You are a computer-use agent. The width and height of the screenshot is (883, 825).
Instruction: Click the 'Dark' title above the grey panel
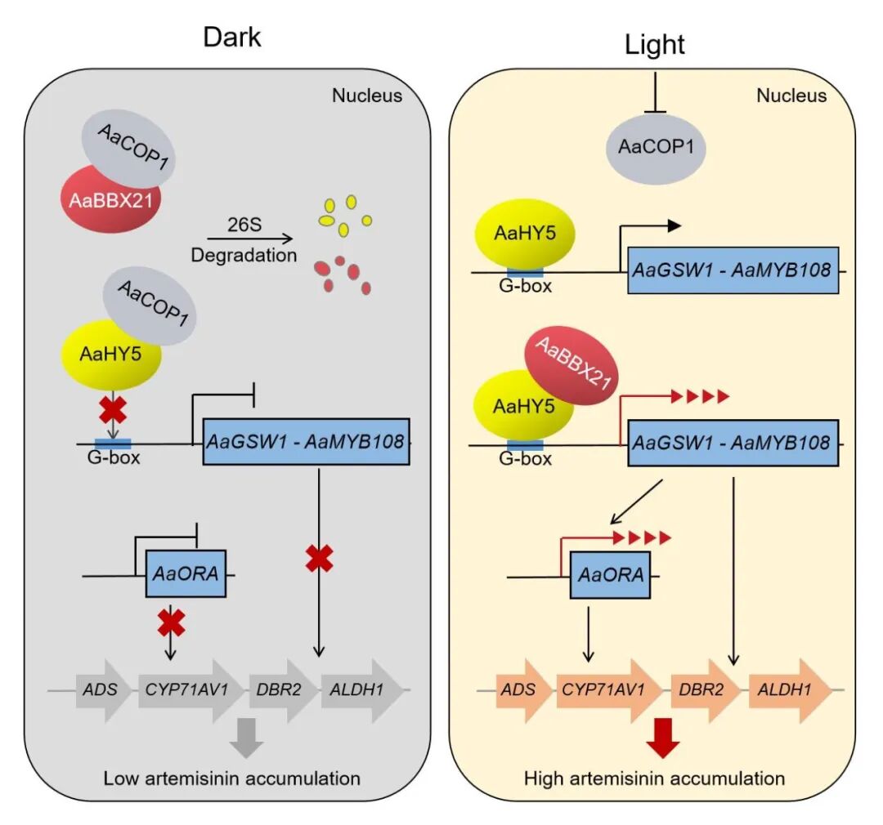point(232,38)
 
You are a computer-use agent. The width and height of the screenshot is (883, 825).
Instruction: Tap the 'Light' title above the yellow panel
point(654,45)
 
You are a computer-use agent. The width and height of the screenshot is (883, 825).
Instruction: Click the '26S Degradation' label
point(244,243)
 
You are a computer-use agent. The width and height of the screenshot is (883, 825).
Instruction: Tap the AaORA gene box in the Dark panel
point(185,574)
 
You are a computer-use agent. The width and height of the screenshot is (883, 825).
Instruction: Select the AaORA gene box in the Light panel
point(609,575)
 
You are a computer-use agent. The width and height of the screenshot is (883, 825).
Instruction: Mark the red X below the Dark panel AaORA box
point(170,623)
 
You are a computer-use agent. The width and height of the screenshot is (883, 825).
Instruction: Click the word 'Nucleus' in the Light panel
point(791,96)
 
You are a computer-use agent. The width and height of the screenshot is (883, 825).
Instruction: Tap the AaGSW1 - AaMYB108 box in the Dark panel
point(306,443)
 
